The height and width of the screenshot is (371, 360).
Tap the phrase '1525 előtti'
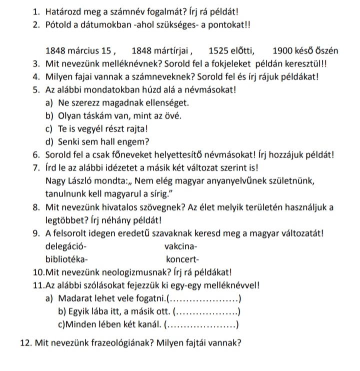click(231, 50)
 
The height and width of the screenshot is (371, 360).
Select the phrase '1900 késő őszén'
click(306, 50)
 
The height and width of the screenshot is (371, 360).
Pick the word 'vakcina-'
click(180, 246)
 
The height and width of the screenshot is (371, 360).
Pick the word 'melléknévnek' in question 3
click(127, 64)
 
